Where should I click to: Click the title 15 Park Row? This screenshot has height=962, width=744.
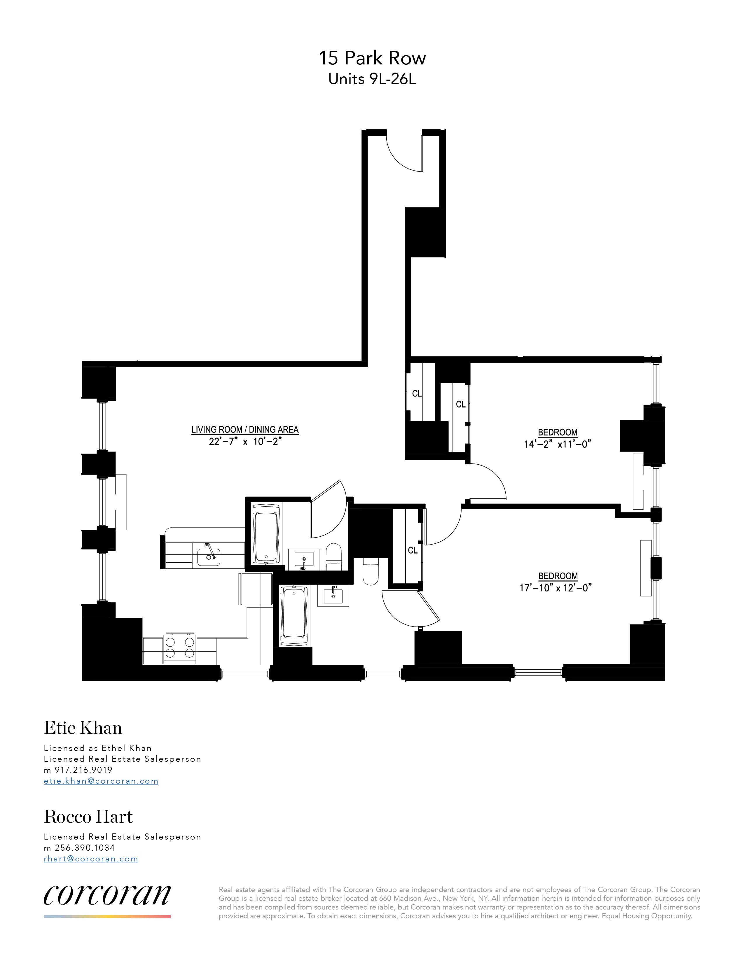coord(372,58)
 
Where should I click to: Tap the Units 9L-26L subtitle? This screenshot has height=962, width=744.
coord(372,79)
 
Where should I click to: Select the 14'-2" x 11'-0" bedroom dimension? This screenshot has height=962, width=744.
coord(557,444)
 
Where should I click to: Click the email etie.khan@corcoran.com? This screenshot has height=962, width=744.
coord(101,781)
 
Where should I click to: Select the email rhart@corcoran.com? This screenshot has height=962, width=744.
coord(91,859)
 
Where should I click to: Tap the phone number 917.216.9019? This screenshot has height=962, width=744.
coord(83,770)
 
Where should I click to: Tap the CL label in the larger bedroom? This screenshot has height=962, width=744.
coord(413,550)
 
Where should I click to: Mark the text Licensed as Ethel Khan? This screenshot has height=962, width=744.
coord(97,748)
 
